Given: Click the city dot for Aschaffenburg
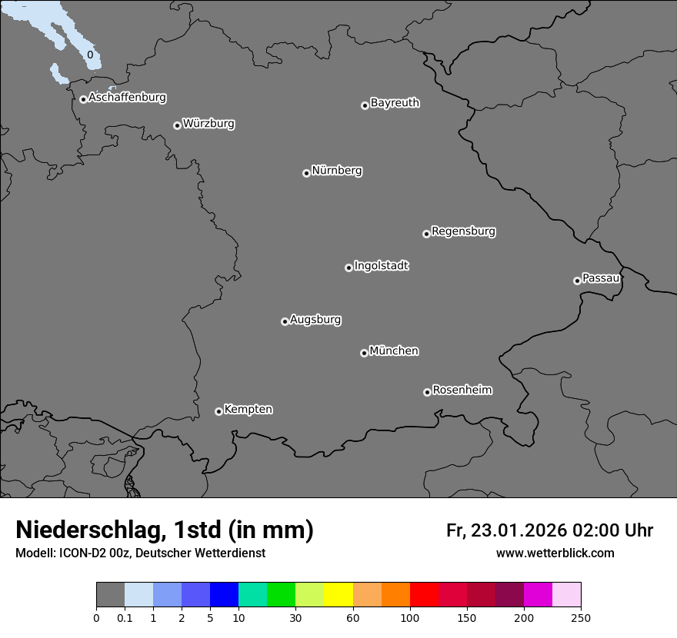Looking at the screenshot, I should tap(83, 99).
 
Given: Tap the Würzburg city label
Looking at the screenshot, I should tap(208, 124).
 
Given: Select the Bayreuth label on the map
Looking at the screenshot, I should tap(395, 103).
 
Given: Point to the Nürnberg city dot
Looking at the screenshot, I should tap(306, 173).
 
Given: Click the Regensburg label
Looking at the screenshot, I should tap(463, 231).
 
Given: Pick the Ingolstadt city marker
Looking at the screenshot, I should tap(349, 267).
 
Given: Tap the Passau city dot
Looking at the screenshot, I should tap(577, 281).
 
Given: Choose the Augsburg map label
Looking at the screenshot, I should tap(315, 320).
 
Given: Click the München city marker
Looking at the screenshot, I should tap(364, 353).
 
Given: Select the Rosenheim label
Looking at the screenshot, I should tap(462, 390).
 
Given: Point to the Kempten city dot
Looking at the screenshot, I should tap(218, 411).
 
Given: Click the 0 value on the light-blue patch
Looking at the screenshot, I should tap(90, 55).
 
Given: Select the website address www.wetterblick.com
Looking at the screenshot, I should tap(555, 553).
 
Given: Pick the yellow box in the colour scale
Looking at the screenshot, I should tap(338, 595).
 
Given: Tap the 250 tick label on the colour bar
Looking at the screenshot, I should tap(581, 618).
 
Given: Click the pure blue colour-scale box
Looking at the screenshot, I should tap(224, 595).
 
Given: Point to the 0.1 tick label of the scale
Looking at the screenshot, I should tap(125, 618).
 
